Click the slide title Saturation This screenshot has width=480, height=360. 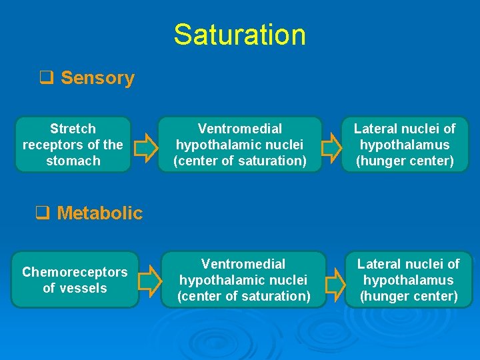[239, 35]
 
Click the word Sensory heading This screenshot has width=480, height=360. [97, 78]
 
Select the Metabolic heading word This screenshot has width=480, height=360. [99, 213]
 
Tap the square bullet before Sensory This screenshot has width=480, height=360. [46, 78]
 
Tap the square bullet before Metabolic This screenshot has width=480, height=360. [43, 213]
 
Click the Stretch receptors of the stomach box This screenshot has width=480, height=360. [73, 145]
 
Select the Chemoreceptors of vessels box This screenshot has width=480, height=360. [75, 280]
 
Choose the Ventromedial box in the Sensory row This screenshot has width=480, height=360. [240, 145]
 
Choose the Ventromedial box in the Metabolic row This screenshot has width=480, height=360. [243, 280]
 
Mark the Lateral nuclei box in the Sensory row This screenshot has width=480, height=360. [405, 145]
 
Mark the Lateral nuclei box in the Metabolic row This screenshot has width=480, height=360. [408, 280]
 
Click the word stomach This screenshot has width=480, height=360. [73, 161]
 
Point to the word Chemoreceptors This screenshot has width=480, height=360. [75, 272]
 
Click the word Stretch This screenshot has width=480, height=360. [73, 129]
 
